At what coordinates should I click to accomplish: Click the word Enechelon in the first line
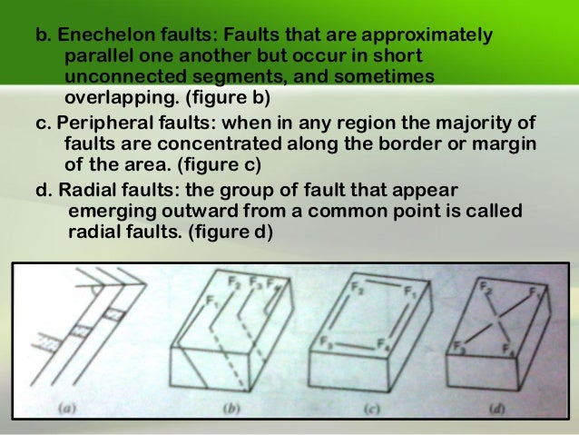click(106, 35)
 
